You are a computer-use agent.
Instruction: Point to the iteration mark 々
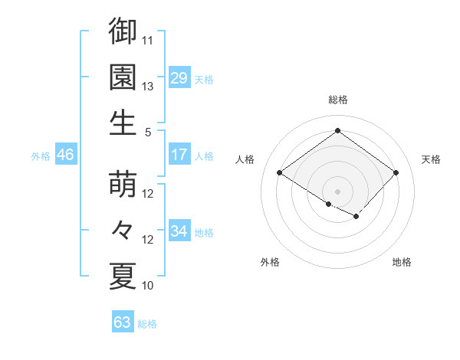(123, 230)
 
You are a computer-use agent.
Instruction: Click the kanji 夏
(123, 276)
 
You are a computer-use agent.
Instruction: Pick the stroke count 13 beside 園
(148, 86)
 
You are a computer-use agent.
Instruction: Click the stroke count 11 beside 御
(148, 39)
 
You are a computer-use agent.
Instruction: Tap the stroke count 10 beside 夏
(148, 286)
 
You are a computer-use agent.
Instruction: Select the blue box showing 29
(179, 78)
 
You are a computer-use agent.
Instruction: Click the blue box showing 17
(179, 155)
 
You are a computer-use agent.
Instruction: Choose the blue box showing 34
(179, 231)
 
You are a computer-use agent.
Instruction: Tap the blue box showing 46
(66, 155)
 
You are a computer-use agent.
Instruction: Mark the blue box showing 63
(123, 322)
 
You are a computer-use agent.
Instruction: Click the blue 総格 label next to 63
(147, 324)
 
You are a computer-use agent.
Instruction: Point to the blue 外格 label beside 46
(41, 156)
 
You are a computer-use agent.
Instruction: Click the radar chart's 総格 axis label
(337, 100)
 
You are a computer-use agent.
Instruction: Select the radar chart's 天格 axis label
(431, 159)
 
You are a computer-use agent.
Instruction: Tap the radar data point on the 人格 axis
(280, 173)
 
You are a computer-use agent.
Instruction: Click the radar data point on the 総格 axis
(337, 130)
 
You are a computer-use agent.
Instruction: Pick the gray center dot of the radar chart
(337, 190)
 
